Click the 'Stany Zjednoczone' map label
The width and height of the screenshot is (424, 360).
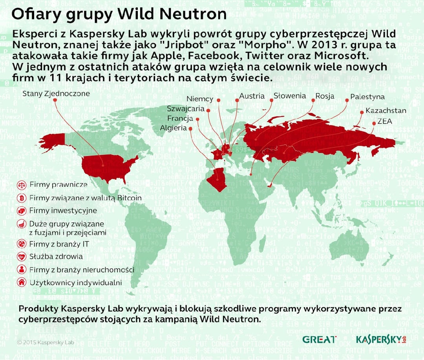(56, 93)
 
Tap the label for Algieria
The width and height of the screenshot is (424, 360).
(173, 128)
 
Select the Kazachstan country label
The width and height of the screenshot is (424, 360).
(386, 111)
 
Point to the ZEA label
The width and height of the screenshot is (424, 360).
(385, 122)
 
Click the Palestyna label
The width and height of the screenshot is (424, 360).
(367, 96)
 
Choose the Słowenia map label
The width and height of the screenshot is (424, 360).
(290, 96)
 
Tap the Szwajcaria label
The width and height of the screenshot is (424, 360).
(185, 108)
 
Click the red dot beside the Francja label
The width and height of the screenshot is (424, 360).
(197, 119)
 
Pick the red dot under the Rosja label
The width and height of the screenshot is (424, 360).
(313, 100)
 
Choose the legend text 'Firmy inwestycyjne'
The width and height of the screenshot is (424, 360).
(63, 211)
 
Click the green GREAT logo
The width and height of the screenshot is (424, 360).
(319, 339)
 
